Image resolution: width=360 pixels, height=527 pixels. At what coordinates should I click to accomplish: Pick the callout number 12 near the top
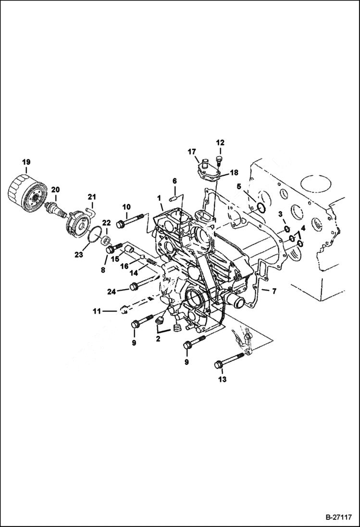coord(220,142)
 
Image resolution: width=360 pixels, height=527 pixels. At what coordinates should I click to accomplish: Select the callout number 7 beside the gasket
coord(274,291)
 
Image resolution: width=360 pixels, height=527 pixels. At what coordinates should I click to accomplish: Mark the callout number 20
coord(55,190)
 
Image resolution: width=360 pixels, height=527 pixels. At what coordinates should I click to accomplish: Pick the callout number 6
coord(174,181)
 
